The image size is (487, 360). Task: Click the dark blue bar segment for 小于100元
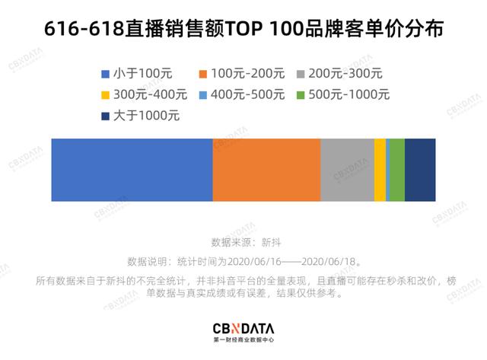click(x=132, y=170)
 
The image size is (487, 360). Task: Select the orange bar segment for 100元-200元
click(x=266, y=170)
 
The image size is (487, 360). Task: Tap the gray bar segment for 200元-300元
click(x=347, y=170)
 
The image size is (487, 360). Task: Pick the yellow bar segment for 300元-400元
click(x=380, y=170)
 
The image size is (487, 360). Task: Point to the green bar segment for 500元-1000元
click(x=396, y=170)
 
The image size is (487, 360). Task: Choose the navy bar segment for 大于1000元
click(x=420, y=170)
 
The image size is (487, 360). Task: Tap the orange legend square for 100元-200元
click(x=203, y=75)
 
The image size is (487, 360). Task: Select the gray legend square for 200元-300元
click(x=301, y=75)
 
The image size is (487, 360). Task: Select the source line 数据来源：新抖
click(x=243, y=242)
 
